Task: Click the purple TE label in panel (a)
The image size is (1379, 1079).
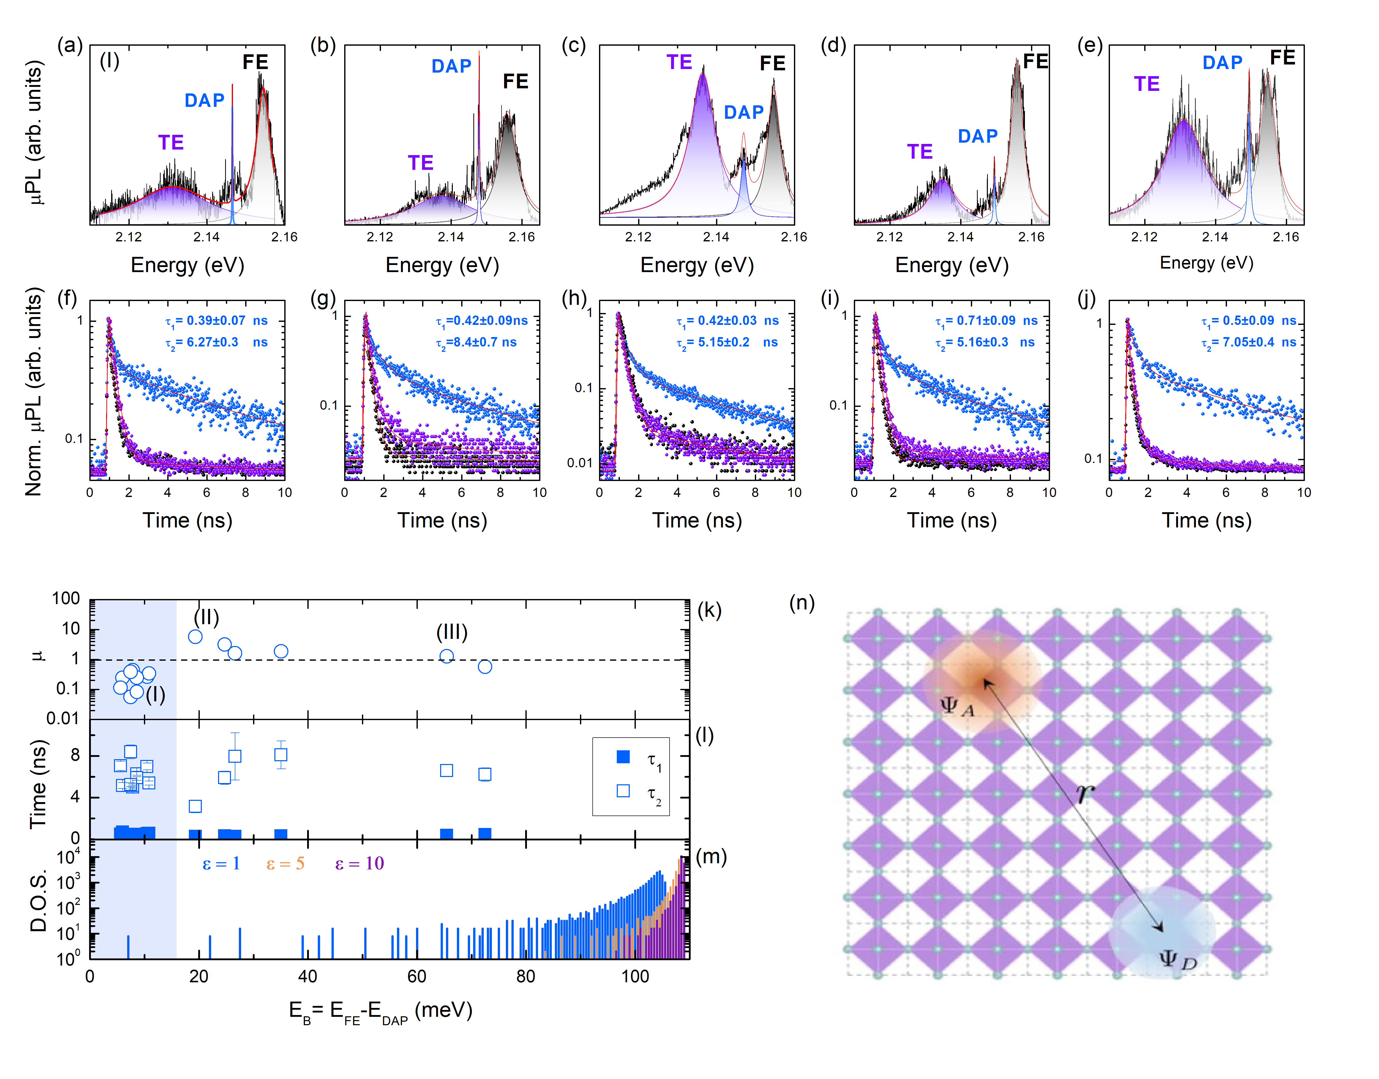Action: coord(171,143)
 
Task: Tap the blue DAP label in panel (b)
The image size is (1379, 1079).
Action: coord(451,66)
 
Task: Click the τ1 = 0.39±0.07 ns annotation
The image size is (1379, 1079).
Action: coord(216,321)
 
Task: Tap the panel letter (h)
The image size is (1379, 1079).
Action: coord(574,298)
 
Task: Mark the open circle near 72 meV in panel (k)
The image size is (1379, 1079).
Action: coord(485,667)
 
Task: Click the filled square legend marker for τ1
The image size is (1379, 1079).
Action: coord(623,757)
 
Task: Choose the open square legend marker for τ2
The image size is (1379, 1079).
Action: coord(623,791)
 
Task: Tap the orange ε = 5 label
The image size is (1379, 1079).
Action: coord(285,864)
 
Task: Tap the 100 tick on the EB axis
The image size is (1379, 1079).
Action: coord(635,977)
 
